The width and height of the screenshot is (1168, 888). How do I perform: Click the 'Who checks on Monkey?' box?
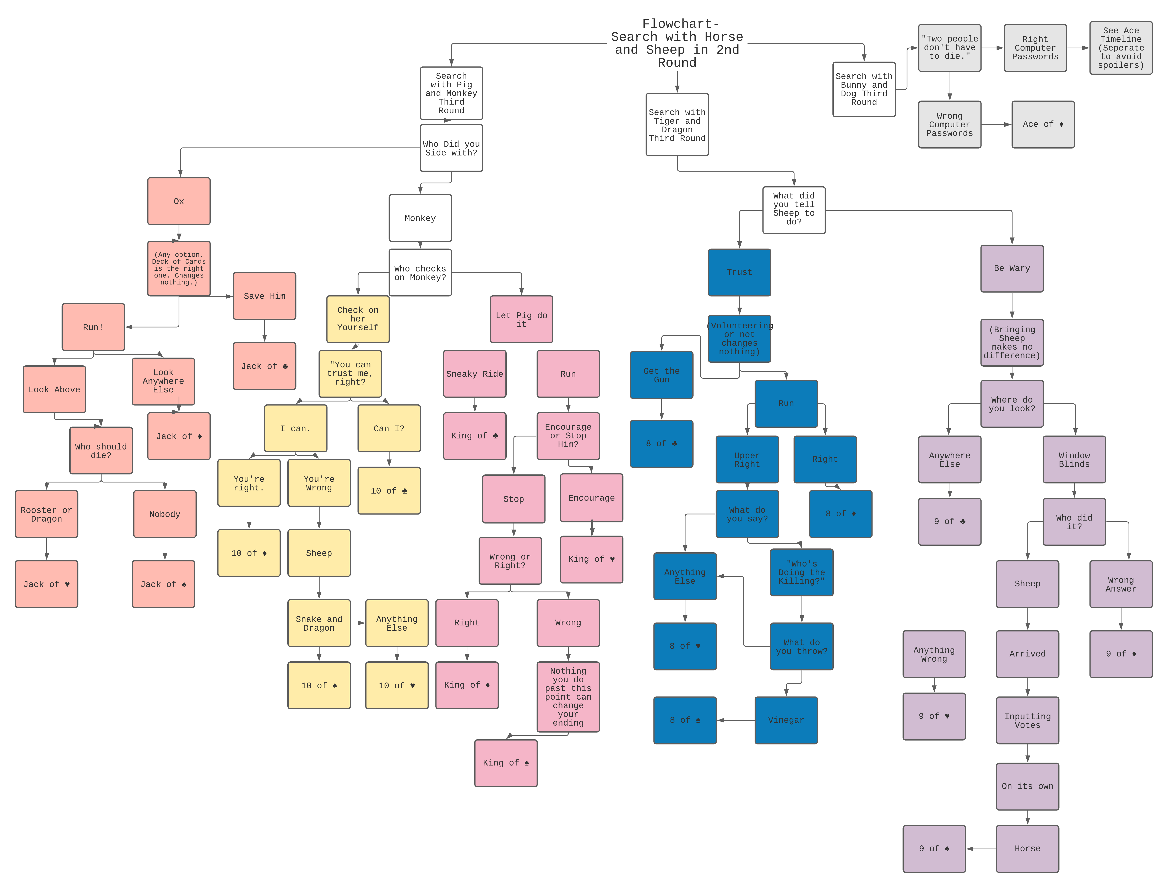pos(420,273)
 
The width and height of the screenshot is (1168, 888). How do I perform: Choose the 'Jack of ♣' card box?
pos(264,366)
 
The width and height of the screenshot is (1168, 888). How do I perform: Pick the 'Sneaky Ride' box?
pos(474,374)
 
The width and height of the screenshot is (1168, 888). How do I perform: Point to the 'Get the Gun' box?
pos(661,375)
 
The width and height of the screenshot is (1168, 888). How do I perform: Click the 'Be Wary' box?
pos(1012,268)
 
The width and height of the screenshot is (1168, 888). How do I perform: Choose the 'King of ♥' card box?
pos(591,559)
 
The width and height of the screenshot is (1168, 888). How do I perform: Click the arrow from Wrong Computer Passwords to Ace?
pos(996,124)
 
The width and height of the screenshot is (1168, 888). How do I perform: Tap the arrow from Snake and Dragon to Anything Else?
pos(358,623)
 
